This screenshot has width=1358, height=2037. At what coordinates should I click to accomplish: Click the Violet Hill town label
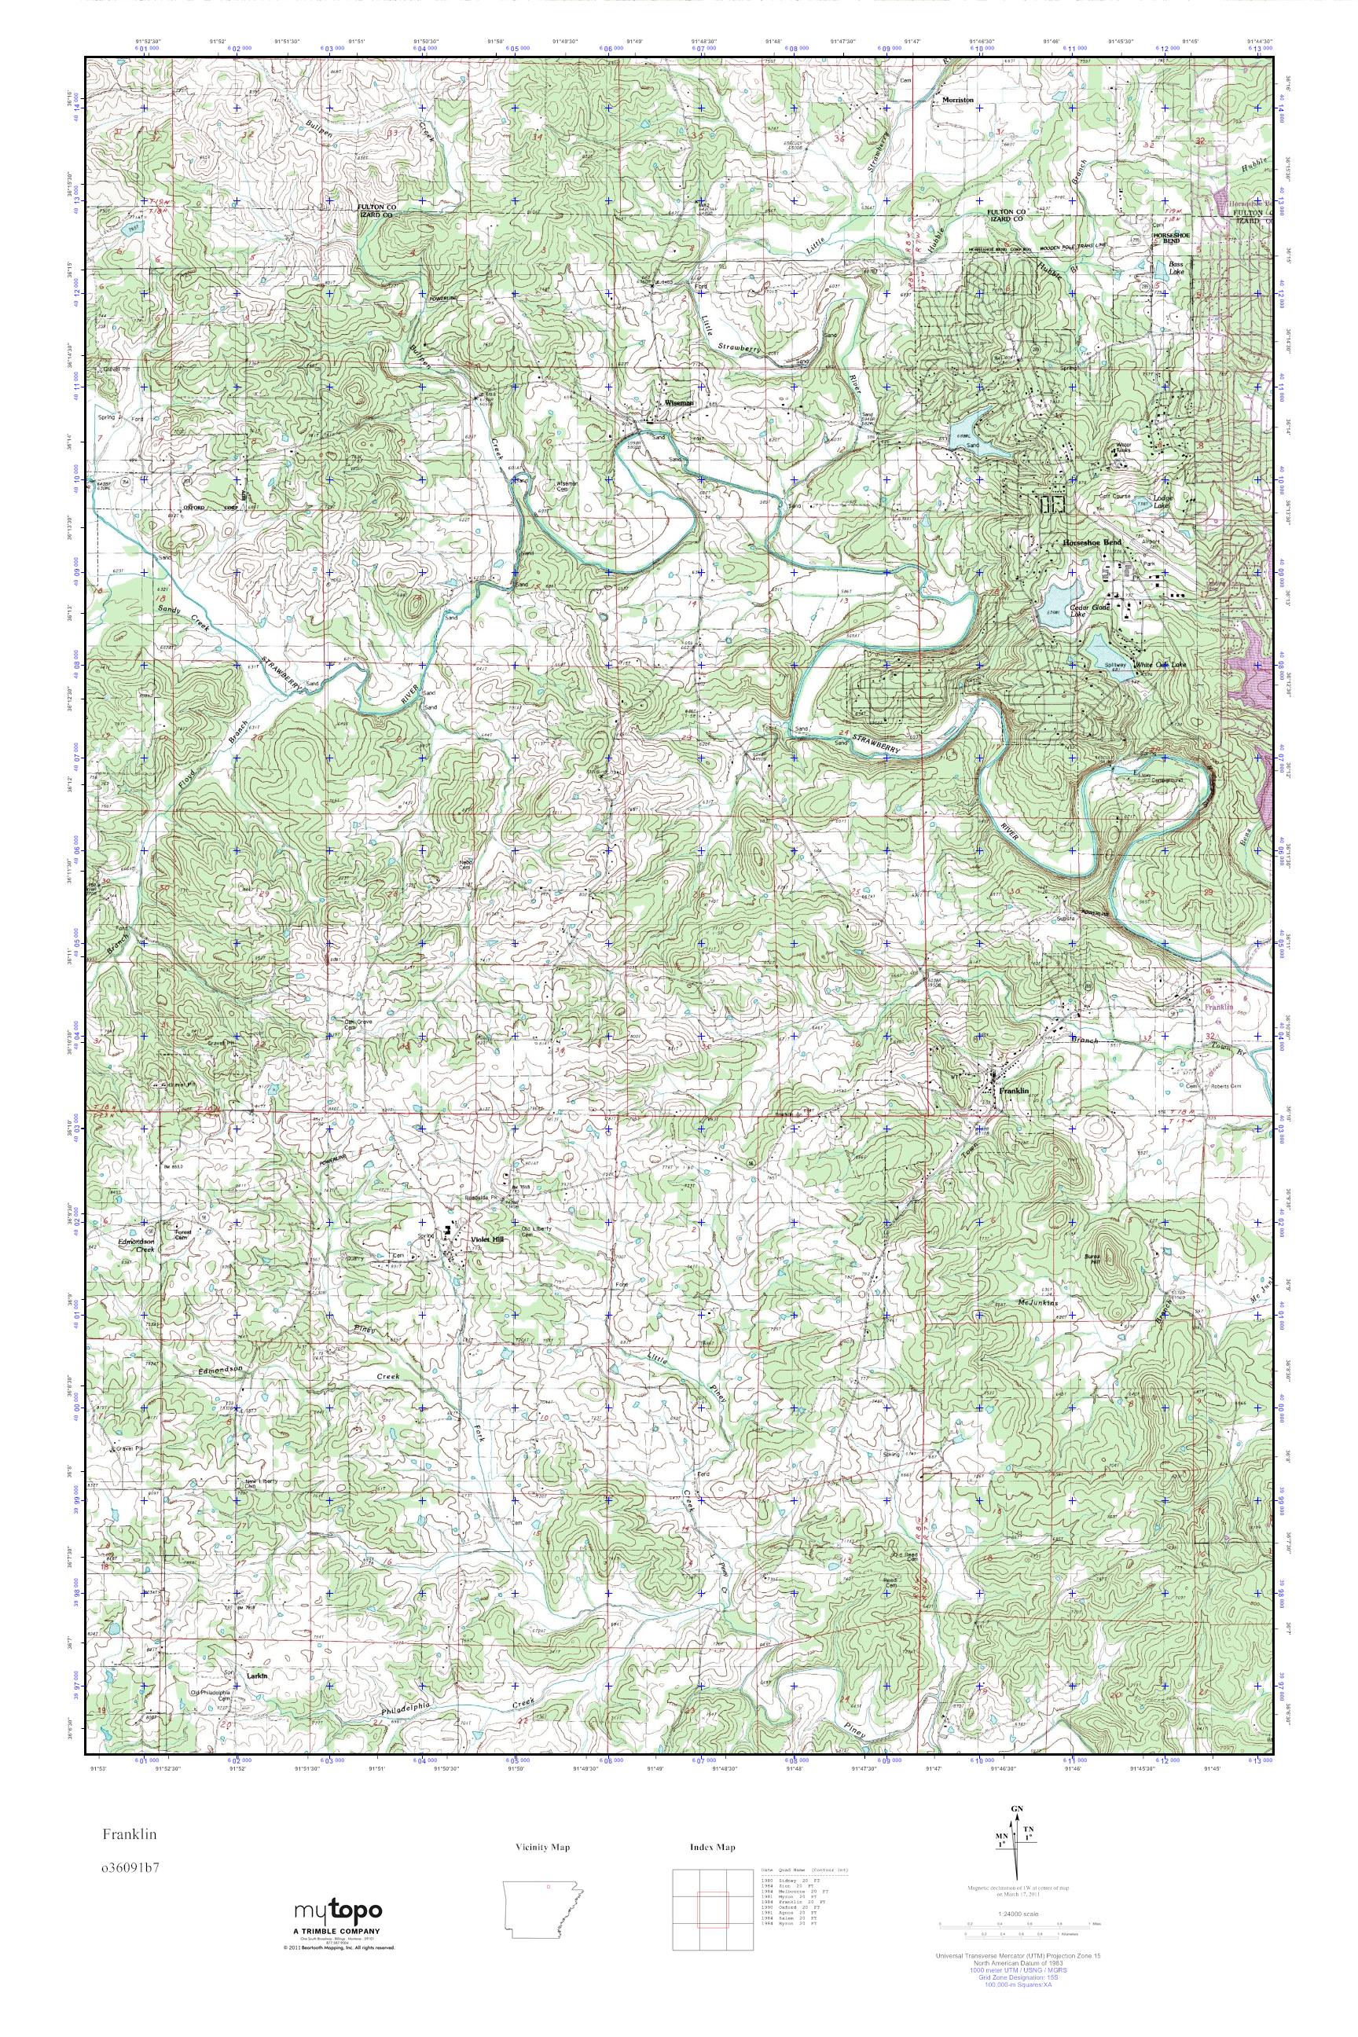click(486, 1239)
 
